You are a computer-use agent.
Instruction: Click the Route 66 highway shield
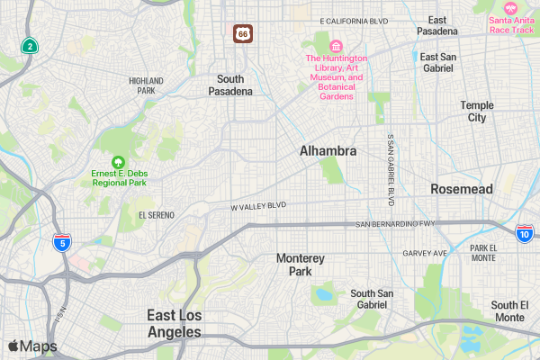(x=243, y=33)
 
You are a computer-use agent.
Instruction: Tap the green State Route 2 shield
(x=31, y=46)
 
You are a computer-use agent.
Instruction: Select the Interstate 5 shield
(x=61, y=242)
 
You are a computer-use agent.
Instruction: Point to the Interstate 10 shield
(x=524, y=234)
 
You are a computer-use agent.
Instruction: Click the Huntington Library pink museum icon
(x=336, y=46)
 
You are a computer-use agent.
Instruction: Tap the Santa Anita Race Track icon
(x=511, y=7)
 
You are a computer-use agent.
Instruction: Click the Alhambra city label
(x=328, y=151)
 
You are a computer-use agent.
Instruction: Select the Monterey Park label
(x=301, y=265)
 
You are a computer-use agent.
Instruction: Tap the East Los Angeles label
(x=175, y=323)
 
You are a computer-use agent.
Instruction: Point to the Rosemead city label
(x=462, y=189)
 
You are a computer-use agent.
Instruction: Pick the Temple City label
(x=477, y=112)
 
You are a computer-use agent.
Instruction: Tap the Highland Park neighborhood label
(x=146, y=85)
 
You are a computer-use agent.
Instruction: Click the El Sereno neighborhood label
(x=157, y=215)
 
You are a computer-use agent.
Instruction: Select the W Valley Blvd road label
(x=258, y=206)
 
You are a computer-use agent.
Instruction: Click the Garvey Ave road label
(x=425, y=253)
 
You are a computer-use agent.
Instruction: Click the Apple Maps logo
(x=32, y=346)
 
